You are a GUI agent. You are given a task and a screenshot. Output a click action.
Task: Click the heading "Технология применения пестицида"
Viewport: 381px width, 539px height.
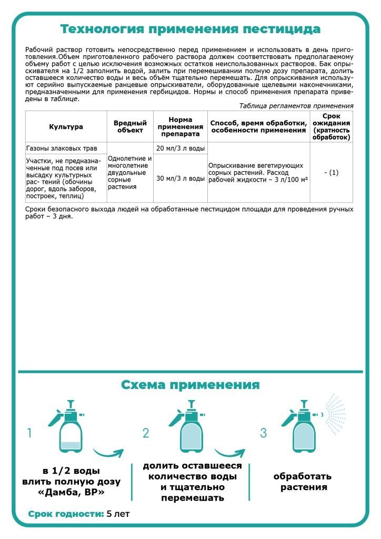coord(190,28)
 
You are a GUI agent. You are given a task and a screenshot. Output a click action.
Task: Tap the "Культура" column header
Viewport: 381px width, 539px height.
coord(66,127)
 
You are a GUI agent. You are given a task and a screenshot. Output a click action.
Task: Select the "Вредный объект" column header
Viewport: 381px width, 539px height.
coord(130,127)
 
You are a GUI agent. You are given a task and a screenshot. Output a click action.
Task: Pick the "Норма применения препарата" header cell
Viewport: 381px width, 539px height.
coord(181,127)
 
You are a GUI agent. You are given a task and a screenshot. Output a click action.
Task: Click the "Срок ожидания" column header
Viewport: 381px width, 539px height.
coord(331,127)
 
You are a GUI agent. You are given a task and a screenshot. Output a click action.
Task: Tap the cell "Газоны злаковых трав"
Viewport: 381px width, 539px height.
coord(58,148)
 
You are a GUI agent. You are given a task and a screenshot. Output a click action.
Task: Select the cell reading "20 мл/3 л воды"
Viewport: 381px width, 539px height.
coord(181,148)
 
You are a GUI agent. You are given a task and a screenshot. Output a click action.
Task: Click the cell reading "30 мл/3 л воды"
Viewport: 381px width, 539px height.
coord(181,178)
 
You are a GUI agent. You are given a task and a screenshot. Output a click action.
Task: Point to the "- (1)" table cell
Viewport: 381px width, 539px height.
coord(331,173)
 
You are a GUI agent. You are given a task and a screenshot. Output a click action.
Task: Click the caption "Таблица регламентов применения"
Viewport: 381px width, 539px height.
coord(296,106)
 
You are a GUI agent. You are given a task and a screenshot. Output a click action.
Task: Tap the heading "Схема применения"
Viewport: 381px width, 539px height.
coord(190,385)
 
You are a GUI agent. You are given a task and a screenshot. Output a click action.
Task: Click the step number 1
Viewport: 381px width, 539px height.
coord(29,433)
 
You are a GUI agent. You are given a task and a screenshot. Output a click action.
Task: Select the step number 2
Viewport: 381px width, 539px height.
coord(146,433)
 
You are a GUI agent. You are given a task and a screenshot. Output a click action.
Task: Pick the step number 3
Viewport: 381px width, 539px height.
coord(264,433)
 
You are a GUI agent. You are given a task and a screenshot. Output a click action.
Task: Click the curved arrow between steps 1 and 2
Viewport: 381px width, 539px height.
coord(108,453)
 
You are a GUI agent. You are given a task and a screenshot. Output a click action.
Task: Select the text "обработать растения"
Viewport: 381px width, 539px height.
coord(303,482)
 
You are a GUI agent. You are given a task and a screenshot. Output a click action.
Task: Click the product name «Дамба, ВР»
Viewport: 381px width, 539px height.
coord(72,493)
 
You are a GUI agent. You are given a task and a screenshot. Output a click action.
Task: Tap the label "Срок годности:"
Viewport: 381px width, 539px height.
coord(66,514)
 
